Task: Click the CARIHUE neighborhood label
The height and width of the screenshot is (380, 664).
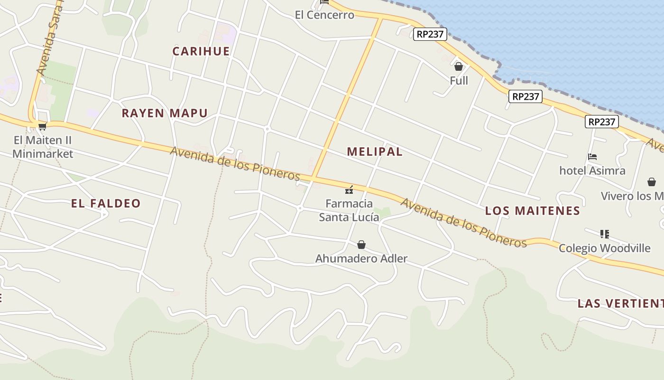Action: [201, 51]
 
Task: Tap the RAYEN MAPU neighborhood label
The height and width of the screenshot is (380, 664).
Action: [165, 113]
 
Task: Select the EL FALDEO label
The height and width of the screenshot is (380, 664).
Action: [106, 203]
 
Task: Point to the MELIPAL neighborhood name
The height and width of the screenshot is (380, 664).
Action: [375, 152]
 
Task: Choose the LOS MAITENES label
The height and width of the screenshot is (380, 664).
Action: [533, 210]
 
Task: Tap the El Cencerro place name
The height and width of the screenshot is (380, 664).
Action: [324, 15]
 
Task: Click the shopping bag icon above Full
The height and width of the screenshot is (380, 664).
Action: [459, 66]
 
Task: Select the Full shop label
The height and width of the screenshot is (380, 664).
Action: [459, 81]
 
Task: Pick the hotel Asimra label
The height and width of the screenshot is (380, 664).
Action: [592, 171]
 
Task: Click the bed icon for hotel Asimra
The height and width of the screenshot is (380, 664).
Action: [592, 157]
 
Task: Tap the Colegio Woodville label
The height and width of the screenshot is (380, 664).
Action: [604, 248]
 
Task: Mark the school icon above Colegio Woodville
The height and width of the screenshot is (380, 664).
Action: [604, 234]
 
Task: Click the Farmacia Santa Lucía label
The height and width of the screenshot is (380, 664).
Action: [349, 210]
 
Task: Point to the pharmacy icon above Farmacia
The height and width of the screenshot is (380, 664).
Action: [349, 190]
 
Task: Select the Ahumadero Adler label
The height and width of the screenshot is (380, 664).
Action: [361, 258]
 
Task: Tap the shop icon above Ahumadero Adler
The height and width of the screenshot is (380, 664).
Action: [361, 245]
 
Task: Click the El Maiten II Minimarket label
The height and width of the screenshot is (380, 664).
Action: [43, 147]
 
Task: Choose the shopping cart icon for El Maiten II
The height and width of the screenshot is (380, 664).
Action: [42, 126]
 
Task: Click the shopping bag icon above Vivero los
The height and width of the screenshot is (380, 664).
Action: [652, 182]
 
